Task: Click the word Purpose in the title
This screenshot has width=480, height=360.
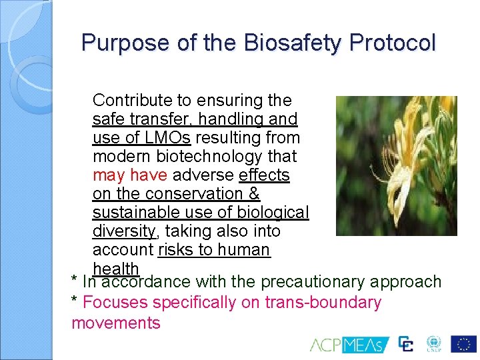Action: click(x=125, y=43)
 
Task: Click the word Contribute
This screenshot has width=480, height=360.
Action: click(x=131, y=101)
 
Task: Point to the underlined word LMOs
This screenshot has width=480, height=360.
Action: click(x=168, y=138)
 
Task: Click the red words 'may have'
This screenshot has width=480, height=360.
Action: click(x=130, y=175)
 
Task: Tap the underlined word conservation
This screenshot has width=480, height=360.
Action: click(x=193, y=194)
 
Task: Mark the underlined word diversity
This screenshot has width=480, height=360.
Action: click(x=124, y=231)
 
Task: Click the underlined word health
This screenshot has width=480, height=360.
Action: click(x=116, y=268)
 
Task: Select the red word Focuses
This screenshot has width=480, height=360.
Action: click(x=115, y=303)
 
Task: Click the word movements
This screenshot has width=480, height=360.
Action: click(x=116, y=323)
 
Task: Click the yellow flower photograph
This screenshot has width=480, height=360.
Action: click(x=396, y=165)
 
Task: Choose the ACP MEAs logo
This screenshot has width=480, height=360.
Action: click(x=346, y=345)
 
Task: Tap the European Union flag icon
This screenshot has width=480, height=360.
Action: click(x=463, y=344)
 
